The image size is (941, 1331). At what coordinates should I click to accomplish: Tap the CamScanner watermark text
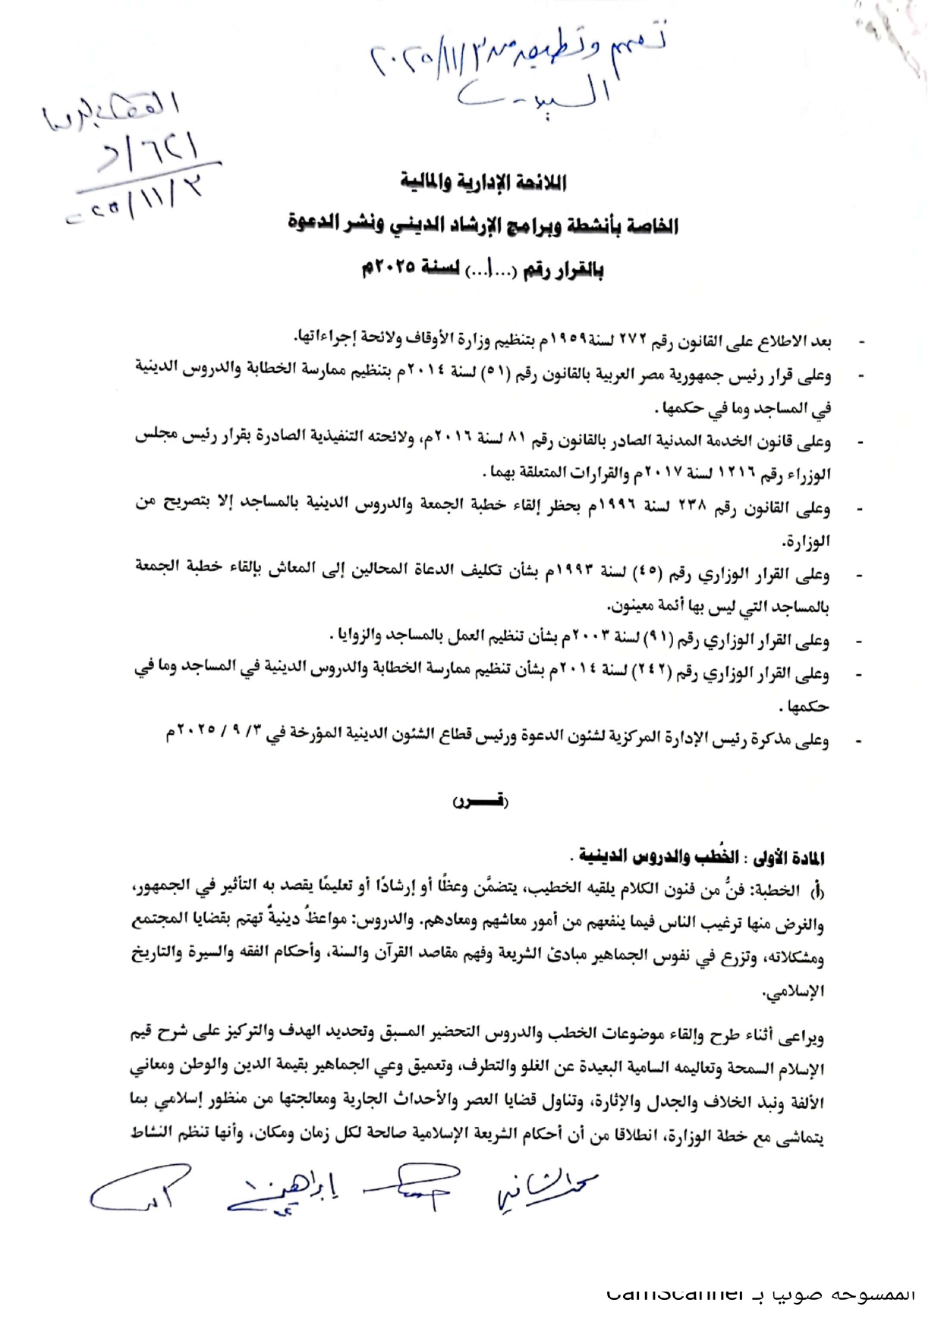[x=759, y=1294]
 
